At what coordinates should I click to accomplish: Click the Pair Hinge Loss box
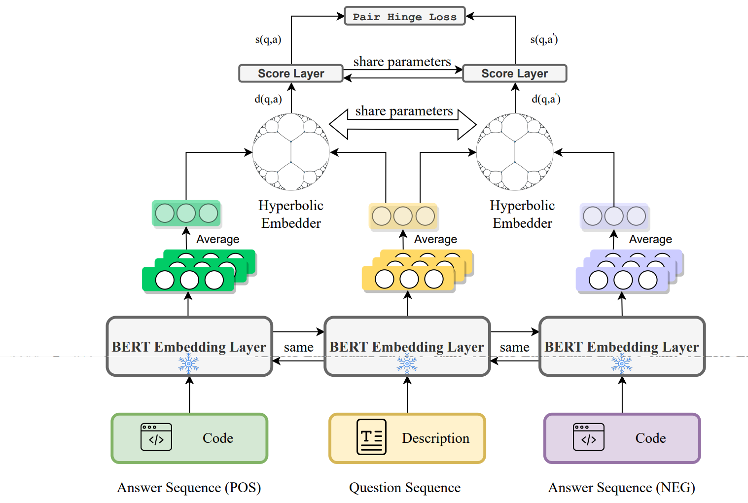pos(404,16)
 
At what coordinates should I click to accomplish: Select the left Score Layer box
pos(291,73)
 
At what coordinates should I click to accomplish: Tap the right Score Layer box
pos(514,73)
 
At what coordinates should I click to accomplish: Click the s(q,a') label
pos(544,39)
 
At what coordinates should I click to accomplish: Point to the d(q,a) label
pos(268,99)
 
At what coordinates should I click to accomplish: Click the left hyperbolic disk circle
pos(291,152)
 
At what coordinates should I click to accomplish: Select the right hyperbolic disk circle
pos(515,152)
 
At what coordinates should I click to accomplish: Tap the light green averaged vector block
pos(186,214)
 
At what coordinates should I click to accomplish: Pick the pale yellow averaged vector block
pos(403,216)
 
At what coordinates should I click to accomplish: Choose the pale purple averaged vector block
pos(614,216)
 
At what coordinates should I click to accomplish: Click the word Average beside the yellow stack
pos(435,239)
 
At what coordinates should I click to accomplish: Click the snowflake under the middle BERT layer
pos(407,364)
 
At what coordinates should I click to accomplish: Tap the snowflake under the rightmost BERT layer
pos(622,364)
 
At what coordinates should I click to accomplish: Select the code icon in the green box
pos(156,437)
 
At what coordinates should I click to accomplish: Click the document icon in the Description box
pos(371,437)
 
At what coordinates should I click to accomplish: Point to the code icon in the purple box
pos(589,437)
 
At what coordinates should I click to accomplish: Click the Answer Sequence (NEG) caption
pos(621,488)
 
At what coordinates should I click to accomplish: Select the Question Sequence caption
pos(405,488)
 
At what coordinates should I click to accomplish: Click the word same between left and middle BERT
pos(298,347)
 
